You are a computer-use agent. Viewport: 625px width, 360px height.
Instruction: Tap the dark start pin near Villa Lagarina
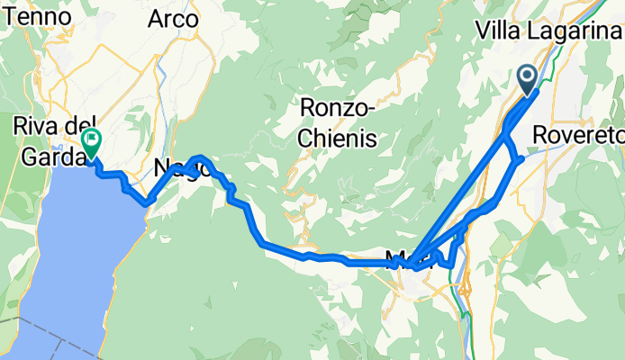[x=527, y=77]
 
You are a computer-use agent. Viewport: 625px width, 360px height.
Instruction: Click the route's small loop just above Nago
[x=200, y=163]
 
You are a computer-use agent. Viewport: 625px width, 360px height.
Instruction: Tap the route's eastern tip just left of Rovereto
[x=521, y=160]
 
